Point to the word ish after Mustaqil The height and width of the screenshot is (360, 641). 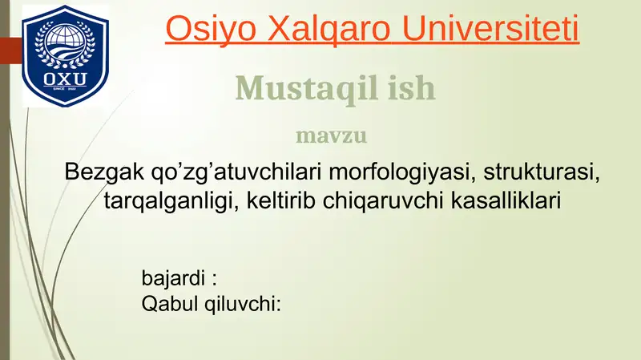click(x=412, y=88)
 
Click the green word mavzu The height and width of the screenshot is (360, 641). click(x=332, y=135)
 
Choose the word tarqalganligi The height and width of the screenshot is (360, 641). click(x=167, y=200)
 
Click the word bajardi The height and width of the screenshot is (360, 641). click(x=171, y=279)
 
